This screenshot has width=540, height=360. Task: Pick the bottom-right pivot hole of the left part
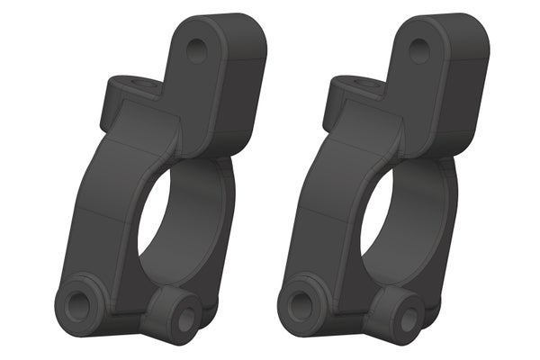point(184,319)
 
